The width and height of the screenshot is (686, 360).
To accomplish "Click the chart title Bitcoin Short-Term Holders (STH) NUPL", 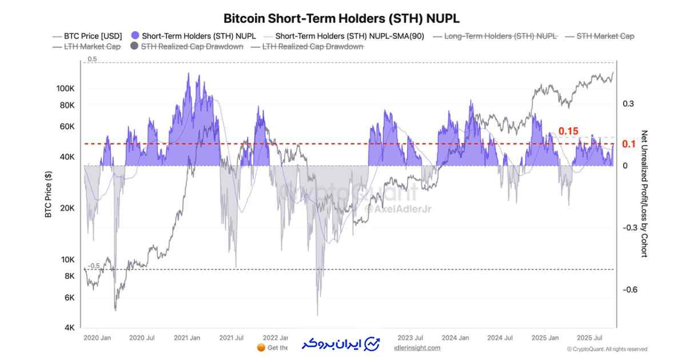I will click(341, 18).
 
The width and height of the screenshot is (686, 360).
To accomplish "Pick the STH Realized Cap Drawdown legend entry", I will click(192, 46).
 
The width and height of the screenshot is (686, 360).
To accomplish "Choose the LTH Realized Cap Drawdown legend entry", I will click(313, 46).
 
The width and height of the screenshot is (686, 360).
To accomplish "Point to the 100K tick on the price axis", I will click(65, 89).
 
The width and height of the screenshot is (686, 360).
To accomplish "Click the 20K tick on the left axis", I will click(67, 208).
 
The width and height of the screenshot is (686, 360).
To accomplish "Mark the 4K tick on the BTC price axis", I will click(69, 328).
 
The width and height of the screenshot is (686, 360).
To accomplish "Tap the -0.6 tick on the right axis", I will click(631, 290).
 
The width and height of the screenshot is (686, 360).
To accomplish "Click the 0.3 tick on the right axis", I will click(628, 103).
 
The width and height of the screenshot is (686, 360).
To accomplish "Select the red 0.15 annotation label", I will click(568, 131).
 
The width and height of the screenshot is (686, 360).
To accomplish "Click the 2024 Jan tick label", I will click(455, 338).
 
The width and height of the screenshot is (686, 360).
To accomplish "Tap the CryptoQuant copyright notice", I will click(607, 349).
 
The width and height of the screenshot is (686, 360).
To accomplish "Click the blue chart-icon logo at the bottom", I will click(372, 344).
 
